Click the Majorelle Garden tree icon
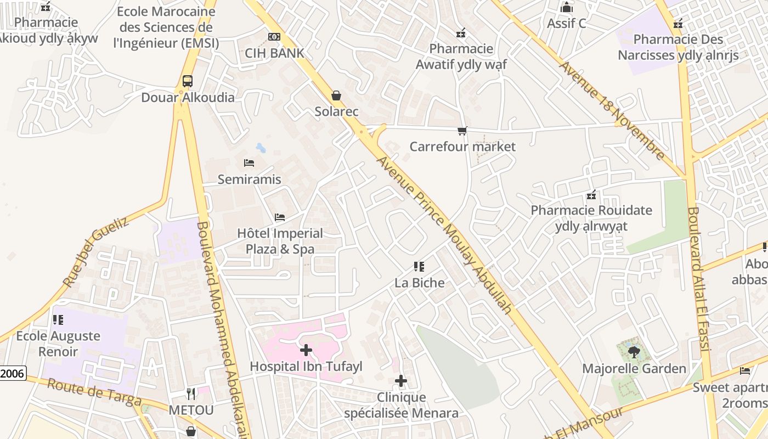point(634,352)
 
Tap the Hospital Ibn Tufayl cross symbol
point(306,350)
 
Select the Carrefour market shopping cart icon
point(462,131)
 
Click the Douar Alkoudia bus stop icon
point(187,81)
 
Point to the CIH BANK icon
point(274,37)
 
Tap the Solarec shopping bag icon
point(336,95)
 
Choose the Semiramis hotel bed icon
point(249,163)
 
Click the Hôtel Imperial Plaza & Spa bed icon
point(280,217)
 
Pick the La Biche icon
point(419,267)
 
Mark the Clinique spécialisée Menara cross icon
point(401,381)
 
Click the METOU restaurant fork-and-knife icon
point(190,393)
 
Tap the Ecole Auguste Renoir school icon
point(58,319)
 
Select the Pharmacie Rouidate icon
point(591,195)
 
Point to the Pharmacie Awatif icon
point(461,33)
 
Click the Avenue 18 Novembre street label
point(612,110)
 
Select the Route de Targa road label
point(94,392)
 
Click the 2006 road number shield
point(12,374)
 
